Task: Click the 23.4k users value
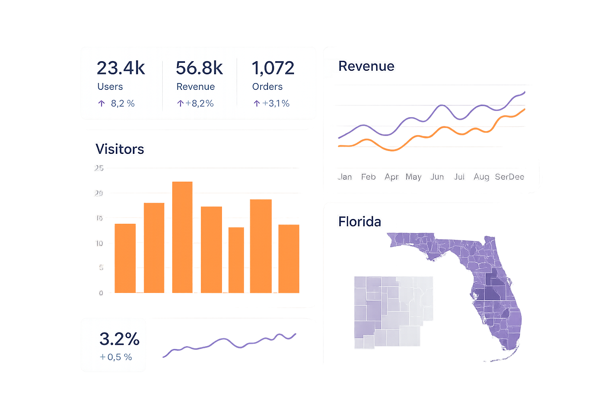pos(121,68)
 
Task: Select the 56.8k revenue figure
pos(199,68)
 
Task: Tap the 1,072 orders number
pos(273,68)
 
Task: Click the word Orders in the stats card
pos(267,87)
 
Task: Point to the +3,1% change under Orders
pos(276,104)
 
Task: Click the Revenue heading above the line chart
pos(366,66)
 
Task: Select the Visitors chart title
pos(120,149)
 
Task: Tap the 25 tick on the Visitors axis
pos(99,168)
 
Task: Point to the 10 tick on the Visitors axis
pos(99,243)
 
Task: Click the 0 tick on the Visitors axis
pos(101,293)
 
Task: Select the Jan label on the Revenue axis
pos(345,177)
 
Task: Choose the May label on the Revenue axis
pos(413,177)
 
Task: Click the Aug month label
pos(481,177)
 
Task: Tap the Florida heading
pos(360,221)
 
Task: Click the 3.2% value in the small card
pos(119,339)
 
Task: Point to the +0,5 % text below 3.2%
pos(116,357)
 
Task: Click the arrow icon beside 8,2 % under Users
pos(101,104)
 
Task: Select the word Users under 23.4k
pos(110,87)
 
